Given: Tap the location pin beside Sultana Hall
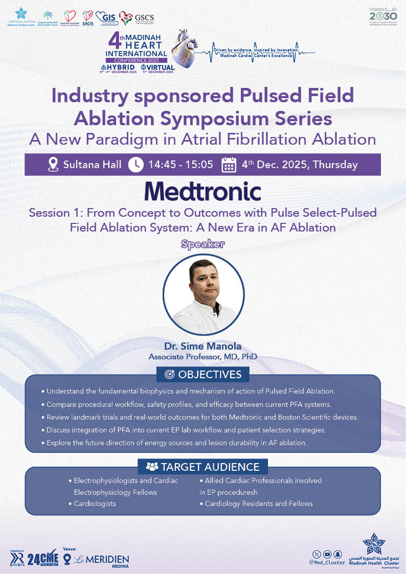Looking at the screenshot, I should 53,165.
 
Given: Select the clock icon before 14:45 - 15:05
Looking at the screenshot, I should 136,165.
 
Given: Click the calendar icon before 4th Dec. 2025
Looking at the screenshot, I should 229,165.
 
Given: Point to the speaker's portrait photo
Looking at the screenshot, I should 203,294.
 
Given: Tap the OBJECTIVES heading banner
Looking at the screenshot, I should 203,374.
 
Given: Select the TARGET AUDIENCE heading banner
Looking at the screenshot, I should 203,466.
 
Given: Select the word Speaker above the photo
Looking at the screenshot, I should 203,244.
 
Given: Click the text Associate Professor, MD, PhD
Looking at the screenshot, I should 202,356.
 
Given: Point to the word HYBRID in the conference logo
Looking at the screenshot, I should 121,67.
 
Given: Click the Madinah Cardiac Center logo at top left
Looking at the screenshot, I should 21,17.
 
